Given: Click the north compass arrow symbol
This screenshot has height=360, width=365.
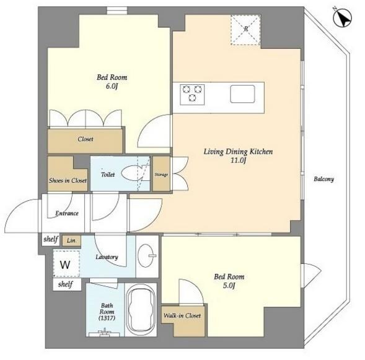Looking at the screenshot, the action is coord(342,17).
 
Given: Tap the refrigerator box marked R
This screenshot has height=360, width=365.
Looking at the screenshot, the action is coord(245,30).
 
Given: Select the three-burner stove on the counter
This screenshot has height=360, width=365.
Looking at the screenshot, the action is coord(192,94).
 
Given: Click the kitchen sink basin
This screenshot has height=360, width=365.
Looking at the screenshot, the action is coord(242,94).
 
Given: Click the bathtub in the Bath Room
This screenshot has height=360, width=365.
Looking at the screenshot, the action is coord(141,310).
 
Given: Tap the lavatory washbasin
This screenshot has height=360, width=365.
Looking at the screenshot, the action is coord(146,256).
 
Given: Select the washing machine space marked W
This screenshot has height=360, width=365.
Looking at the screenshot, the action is coord(66,264).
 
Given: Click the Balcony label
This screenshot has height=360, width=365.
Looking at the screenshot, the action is coord(323,179).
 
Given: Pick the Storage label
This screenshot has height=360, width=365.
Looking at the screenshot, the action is coord(161,174).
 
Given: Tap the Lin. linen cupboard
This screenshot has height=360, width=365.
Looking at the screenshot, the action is coord(71,240).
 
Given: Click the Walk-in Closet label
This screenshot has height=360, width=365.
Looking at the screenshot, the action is coord(182,315).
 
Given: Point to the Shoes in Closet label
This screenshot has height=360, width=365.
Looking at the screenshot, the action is coord(68,180).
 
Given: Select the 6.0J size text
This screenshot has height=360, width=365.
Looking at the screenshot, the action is coord(112,86).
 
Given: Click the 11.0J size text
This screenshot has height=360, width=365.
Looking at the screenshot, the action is coord(238,160).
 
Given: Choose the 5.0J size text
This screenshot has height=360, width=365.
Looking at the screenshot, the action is coord(229,285).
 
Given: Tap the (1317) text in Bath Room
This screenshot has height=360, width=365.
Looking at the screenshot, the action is coord(107,318).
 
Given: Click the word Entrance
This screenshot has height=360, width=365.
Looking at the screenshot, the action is coord(67,213).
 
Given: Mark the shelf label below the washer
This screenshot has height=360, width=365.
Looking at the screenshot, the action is coord(66,284).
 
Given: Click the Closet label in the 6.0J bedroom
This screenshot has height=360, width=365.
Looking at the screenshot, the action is coord(86,139).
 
